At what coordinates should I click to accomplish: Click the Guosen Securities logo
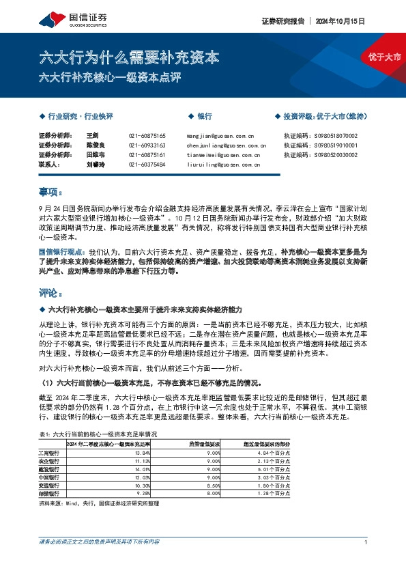tap(59, 20)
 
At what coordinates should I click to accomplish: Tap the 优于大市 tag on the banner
tap(385, 59)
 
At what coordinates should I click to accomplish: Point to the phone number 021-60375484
tap(147, 165)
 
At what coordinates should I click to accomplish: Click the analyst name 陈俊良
tap(96, 145)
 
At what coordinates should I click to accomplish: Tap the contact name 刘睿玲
tap(96, 165)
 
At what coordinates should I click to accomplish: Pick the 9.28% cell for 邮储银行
tap(143, 492)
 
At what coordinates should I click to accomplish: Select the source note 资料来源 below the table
tap(109, 503)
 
